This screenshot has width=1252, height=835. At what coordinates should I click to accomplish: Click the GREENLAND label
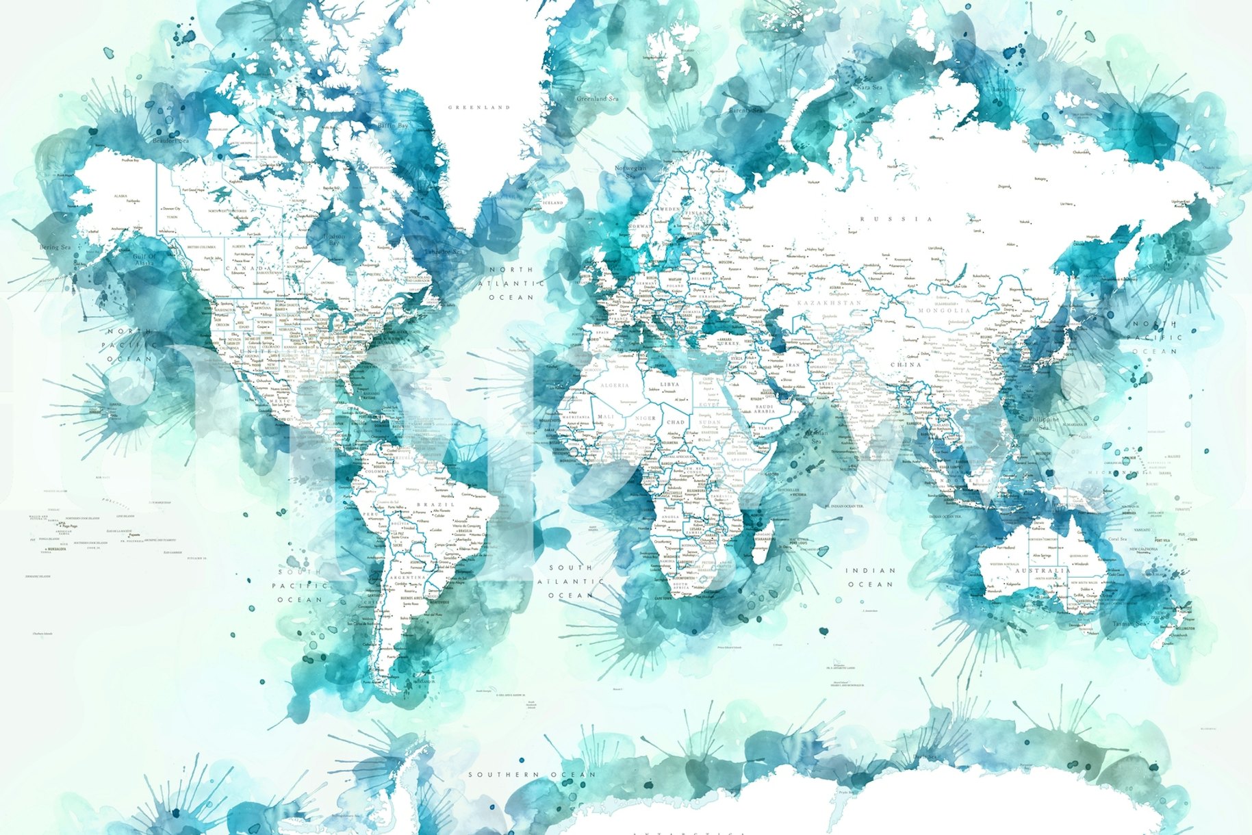(x=479, y=107)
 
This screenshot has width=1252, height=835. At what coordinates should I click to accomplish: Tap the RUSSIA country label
(x=896, y=219)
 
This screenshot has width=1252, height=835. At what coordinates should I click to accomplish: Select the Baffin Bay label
(x=393, y=126)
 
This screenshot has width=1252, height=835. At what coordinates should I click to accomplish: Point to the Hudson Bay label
(x=334, y=240)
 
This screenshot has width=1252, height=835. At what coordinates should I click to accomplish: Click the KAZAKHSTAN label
(x=830, y=303)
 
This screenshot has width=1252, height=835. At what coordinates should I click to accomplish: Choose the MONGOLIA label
(x=944, y=311)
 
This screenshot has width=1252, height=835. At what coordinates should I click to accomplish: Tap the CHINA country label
(x=906, y=365)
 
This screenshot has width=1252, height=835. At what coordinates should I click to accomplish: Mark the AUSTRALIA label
(x=1042, y=571)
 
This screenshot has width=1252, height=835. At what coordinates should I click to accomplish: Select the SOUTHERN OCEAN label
(x=532, y=774)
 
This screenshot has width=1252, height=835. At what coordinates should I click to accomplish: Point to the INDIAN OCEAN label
(x=870, y=577)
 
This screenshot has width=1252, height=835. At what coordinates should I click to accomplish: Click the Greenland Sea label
(x=597, y=99)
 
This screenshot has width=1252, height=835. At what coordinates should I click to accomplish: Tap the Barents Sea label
(x=745, y=110)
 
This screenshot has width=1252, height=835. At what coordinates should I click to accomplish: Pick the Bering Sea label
(x=55, y=247)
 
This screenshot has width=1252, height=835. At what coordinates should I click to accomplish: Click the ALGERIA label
(x=614, y=385)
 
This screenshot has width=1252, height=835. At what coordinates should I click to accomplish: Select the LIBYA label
(x=669, y=385)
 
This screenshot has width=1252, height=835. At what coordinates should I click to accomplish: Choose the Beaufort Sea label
(x=171, y=140)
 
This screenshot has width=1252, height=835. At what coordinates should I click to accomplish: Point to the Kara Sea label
(x=869, y=88)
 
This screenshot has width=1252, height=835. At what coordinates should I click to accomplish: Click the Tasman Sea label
(x=1129, y=624)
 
